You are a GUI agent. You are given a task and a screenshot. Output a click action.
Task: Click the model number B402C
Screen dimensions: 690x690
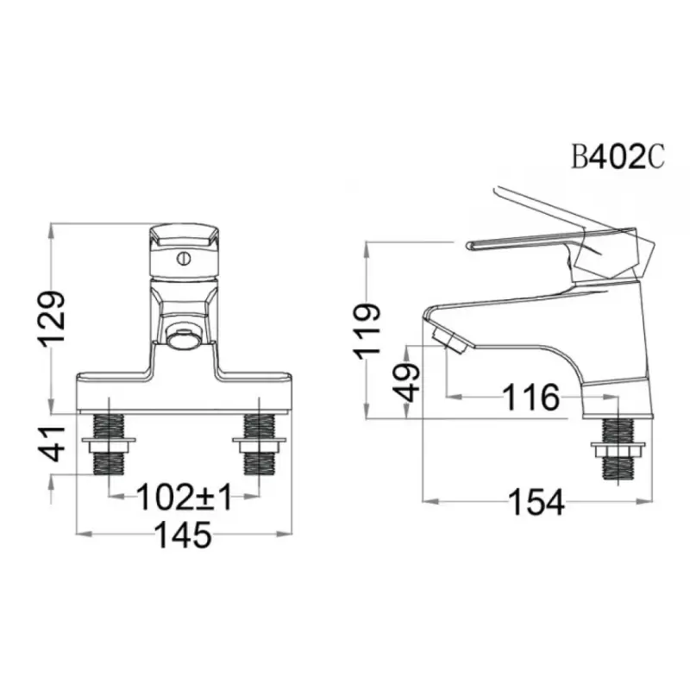(x=618, y=158)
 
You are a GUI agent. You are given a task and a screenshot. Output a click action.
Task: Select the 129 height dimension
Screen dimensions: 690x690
(x=51, y=318)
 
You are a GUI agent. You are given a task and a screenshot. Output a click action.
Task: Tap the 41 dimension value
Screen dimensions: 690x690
(x=51, y=443)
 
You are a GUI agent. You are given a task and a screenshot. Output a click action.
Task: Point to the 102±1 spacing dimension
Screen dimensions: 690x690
(x=184, y=497)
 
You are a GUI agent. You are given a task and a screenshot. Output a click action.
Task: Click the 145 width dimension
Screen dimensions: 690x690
(x=184, y=535)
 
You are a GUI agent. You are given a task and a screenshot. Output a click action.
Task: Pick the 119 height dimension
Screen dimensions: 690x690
(x=366, y=329)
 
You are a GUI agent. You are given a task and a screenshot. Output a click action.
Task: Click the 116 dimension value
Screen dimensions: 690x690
(x=531, y=398)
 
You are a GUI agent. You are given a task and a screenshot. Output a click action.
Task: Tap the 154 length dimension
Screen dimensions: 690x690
(x=536, y=502)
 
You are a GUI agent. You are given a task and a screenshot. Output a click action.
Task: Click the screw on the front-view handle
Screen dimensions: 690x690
(x=184, y=258)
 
